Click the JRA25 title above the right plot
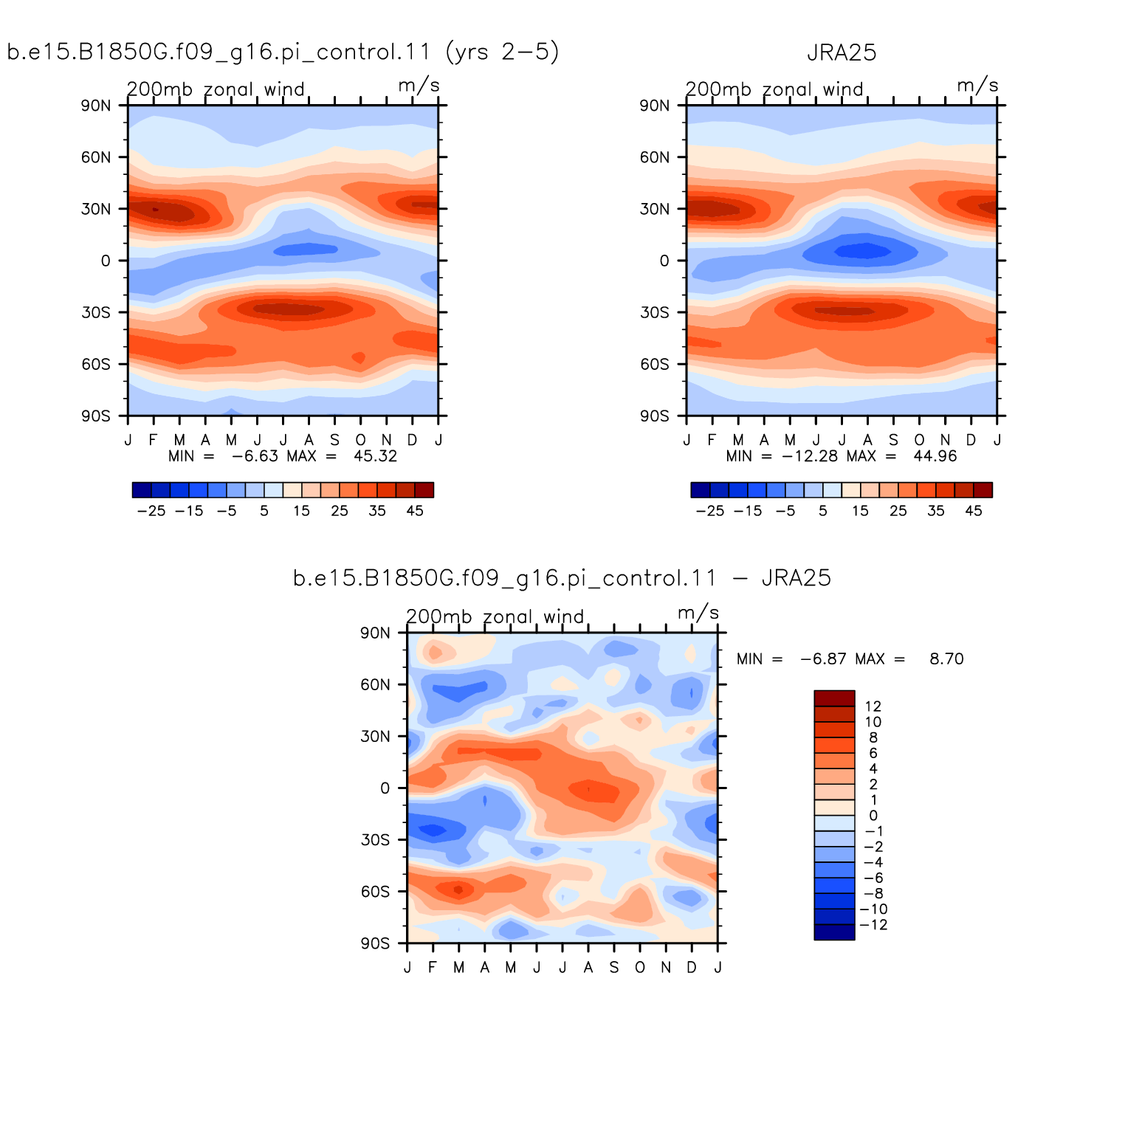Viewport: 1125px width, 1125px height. click(x=842, y=53)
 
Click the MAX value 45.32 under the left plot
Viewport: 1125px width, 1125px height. click(x=375, y=456)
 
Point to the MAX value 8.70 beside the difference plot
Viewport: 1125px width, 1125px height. click(x=946, y=659)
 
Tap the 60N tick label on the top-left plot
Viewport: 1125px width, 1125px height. click(x=96, y=157)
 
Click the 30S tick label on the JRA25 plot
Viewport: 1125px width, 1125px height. click(x=655, y=312)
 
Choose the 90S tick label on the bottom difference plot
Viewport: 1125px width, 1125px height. click(x=376, y=943)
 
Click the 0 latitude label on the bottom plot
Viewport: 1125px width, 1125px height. click(x=385, y=788)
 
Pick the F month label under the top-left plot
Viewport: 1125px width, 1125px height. click(x=154, y=440)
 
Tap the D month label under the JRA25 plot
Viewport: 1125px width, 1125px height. click(x=971, y=440)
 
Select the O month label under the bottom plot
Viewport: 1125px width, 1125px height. click(x=640, y=967)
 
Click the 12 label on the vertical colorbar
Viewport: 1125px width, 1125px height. click(x=873, y=706)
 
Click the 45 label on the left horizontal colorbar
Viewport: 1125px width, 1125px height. click(x=415, y=511)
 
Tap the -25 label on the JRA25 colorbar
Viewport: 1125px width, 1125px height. click(x=710, y=511)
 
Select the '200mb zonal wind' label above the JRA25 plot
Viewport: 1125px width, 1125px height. click(x=774, y=89)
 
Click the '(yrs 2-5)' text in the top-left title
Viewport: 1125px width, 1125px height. click(x=503, y=52)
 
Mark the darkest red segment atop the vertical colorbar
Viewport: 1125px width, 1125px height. click(x=834, y=698)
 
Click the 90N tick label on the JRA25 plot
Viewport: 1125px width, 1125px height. click(x=655, y=106)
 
